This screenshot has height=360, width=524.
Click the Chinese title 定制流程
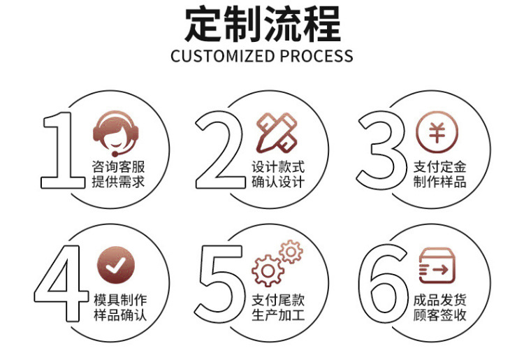click(262, 26)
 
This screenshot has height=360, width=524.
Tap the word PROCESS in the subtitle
click(316, 57)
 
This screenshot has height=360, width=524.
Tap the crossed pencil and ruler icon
click(276, 131)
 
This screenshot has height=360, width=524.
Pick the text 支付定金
click(439, 167)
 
